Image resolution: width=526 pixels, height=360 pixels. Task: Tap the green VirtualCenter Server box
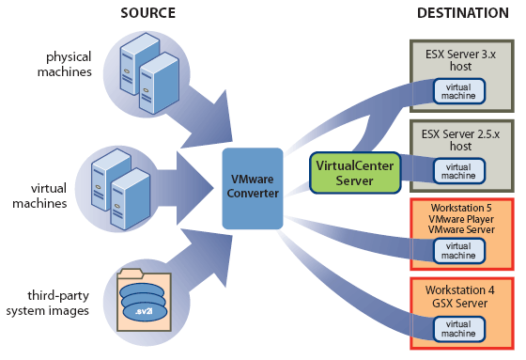point(355,172)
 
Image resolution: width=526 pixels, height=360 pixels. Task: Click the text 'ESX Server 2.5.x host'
point(459,140)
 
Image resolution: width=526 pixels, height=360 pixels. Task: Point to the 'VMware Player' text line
point(459,219)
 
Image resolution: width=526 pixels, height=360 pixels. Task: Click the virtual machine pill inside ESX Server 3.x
point(459,90)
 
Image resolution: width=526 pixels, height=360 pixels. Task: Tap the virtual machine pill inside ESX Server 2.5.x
point(459,170)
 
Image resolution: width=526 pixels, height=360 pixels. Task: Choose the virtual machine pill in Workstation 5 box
point(459,249)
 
